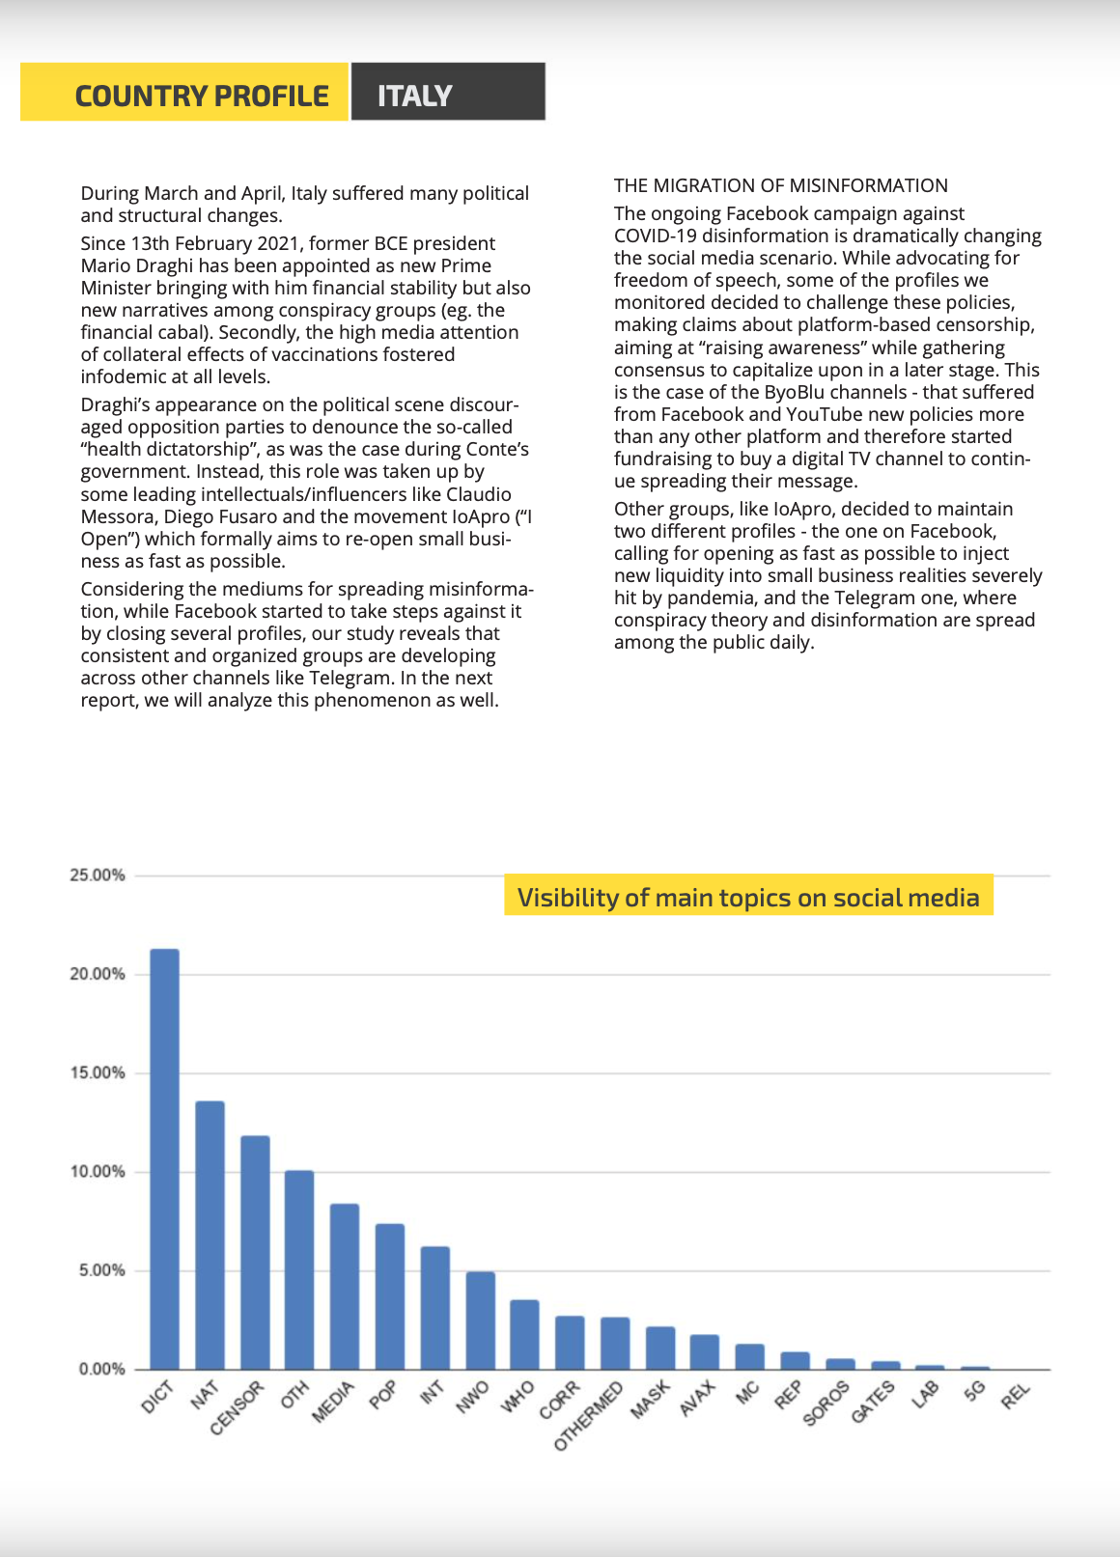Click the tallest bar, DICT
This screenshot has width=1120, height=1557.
tap(165, 1158)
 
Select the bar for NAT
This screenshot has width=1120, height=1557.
tap(210, 1236)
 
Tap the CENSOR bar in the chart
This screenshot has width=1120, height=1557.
tap(255, 1253)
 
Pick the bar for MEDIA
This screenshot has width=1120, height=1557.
tap(345, 1287)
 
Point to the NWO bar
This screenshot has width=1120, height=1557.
tap(481, 1321)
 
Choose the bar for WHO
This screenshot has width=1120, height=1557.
tap(525, 1335)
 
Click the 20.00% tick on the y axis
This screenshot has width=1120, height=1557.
tap(98, 975)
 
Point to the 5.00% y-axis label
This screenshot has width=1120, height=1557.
tap(101, 1270)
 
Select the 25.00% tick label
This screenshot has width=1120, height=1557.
tap(98, 876)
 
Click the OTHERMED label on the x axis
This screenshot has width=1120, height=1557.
tap(588, 1416)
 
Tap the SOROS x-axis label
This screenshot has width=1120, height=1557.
tap(826, 1404)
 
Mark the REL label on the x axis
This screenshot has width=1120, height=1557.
tap(1016, 1395)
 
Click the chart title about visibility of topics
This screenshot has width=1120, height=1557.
tap(748, 898)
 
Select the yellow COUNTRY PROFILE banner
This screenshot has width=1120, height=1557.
tap(184, 92)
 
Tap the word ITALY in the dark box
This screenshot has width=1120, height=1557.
tap(415, 96)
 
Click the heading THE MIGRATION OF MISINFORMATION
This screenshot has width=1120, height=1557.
tap(781, 185)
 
